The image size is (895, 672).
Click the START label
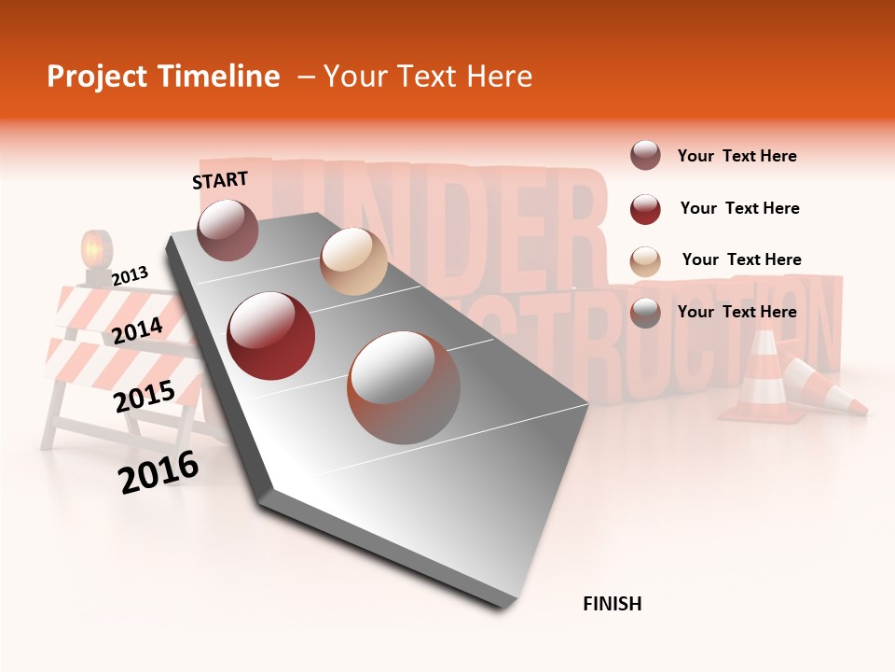[220, 180]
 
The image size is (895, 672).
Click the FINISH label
[612, 604]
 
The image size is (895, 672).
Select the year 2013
[130, 275]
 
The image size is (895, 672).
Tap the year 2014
[137, 330]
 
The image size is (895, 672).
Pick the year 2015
[145, 397]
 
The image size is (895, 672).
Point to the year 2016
[158, 472]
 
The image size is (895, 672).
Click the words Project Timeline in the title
[163, 77]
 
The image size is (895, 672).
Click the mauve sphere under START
[228, 230]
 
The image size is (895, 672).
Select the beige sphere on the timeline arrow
[353, 261]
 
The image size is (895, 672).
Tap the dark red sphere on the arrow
[271, 336]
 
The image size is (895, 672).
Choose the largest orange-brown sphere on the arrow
[404, 387]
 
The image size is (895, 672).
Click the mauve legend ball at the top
[645, 156]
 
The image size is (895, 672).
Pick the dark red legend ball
[645, 209]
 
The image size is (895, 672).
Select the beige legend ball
[645, 260]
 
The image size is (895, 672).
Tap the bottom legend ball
[645, 313]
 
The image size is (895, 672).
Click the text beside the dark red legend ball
[739, 208]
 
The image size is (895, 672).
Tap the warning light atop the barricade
[96, 252]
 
